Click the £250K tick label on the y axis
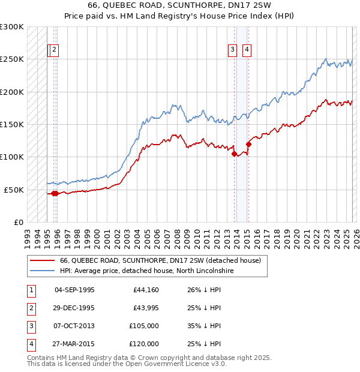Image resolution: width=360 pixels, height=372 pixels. point(12,59)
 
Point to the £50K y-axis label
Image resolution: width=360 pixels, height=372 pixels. point(14,190)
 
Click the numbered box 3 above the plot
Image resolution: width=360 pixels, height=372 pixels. point(232,50)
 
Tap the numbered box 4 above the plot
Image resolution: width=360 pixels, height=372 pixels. point(247,50)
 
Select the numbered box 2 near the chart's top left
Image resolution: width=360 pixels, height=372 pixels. point(54,50)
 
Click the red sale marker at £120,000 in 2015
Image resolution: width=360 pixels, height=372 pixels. point(248,144)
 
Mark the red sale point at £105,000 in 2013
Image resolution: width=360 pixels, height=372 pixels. point(234,154)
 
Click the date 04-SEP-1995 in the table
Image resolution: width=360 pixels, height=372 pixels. point(74,290)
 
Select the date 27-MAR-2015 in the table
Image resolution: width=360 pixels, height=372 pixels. point(74,344)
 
